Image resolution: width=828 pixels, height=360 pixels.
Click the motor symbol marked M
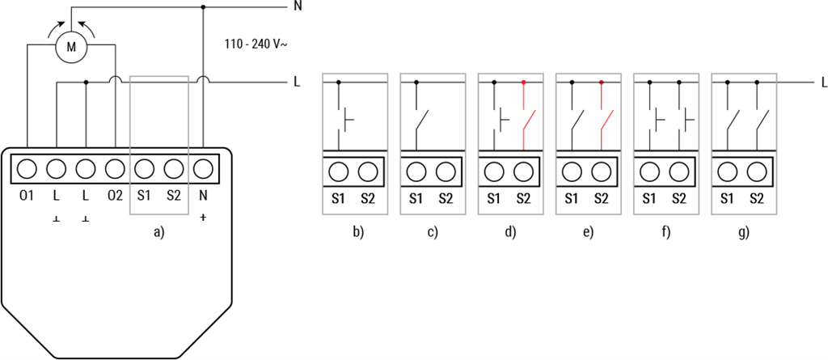point(71,48)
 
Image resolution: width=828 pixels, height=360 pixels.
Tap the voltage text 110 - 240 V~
point(256,44)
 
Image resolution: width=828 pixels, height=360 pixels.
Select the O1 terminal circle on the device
point(27,169)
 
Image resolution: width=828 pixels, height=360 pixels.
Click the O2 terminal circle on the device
point(115,169)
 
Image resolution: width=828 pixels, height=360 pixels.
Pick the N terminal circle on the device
point(203,169)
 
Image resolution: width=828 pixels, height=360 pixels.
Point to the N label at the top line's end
point(298,7)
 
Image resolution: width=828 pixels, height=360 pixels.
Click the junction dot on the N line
point(202,7)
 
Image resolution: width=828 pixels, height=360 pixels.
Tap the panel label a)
point(158,232)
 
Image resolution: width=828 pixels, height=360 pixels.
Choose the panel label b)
point(357,232)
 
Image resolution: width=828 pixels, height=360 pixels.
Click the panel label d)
point(510,232)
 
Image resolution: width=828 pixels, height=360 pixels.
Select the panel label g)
point(743,232)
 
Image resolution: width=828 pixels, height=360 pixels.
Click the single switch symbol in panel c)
point(420,121)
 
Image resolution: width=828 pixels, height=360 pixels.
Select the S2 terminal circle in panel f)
point(679,172)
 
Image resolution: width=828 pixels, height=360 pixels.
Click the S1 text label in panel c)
point(416,198)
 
